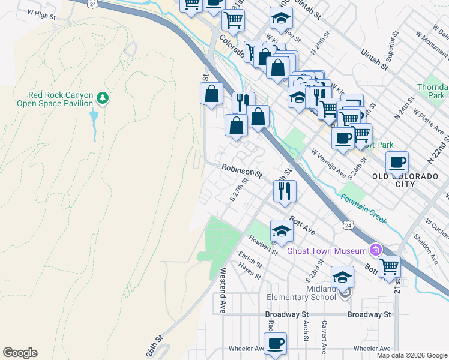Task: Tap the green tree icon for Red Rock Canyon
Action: pos(103,97)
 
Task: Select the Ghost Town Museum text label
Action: pos(327,251)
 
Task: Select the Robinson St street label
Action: pos(242,172)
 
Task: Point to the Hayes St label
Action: pos(249,274)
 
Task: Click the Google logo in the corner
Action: pos(20,353)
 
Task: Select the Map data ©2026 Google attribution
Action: pos(411,355)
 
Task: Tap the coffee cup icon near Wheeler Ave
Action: pos(275,343)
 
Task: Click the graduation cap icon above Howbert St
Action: pos(282,230)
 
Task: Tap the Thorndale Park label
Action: pos(432,91)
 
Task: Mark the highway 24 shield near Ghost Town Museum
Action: pos(348,225)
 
